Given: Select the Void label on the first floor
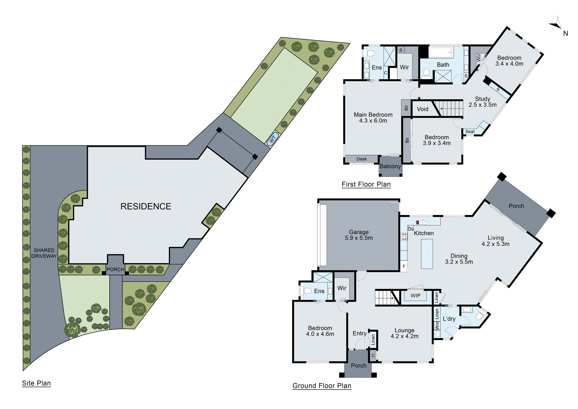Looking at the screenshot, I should click(x=422, y=109).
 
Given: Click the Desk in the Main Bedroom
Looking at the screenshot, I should click(x=362, y=159).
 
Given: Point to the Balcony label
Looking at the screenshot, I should click(x=390, y=166).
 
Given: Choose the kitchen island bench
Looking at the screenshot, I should click(x=427, y=254).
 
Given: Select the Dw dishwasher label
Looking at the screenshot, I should click(x=411, y=229).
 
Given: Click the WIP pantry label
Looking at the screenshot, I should click(x=415, y=296).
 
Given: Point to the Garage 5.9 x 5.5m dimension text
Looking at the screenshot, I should click(x=359, y=238).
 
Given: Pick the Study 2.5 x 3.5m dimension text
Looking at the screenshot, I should click(x=482, y=105).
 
